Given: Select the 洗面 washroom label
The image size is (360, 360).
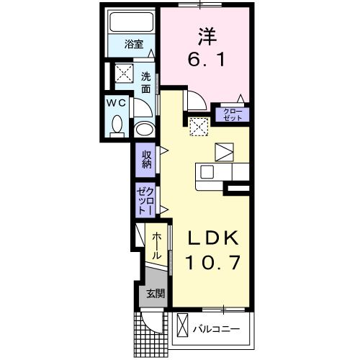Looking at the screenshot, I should (146, 82).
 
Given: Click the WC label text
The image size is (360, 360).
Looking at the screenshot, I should (117, 103).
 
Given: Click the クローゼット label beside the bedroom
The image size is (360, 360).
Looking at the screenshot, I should (233, 113).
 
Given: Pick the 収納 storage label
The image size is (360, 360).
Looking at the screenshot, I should (146, 158).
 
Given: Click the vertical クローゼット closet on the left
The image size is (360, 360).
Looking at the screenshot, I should (145, 199).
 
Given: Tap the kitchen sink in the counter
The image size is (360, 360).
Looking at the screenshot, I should (207, 173).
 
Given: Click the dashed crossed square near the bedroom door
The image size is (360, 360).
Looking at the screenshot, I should (199, 126).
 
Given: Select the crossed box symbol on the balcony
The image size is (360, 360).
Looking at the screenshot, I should (182, 325).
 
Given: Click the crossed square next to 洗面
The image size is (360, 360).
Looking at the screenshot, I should (125, 73).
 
